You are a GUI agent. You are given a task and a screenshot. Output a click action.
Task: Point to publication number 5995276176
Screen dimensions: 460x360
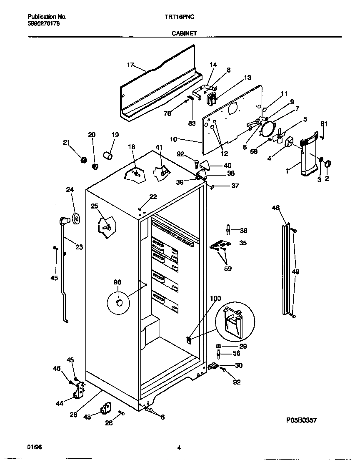tap(44, 24)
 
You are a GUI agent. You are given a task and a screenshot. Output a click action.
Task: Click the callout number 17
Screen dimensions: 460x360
tap(130, 65)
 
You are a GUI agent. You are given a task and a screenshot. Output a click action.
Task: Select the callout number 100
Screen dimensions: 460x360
tap(215, 298)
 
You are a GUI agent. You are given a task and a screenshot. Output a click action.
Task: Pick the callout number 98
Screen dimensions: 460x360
tap(117, 282)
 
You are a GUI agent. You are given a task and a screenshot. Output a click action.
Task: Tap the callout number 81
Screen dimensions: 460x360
tap(324, 123)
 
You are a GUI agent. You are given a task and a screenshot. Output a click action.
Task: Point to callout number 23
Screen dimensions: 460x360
tap(79, 247)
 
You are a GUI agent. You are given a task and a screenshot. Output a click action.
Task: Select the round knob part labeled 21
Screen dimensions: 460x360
tap(83, 159)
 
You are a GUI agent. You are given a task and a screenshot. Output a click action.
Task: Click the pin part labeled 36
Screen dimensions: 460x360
tap(229, 230)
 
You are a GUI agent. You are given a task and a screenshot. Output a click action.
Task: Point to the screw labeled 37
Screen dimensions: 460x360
tap(212, 187)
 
